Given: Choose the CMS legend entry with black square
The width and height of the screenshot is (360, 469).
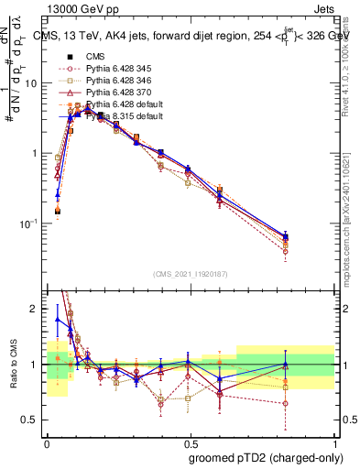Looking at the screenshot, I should tap(95, 57).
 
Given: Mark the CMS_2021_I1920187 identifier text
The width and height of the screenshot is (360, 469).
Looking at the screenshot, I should tap(191, 273).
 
